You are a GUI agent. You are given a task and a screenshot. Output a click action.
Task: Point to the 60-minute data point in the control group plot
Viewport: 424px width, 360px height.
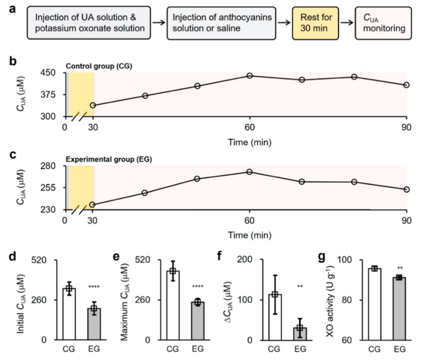tap(250, 76)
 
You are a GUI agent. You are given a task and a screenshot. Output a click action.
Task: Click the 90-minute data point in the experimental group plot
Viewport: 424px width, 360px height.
tap(407, 189)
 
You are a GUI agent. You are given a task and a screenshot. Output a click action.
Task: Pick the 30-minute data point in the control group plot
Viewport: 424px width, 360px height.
tap(93, 105)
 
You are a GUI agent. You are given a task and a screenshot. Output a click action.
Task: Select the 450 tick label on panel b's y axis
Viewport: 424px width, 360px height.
tap(53, 73)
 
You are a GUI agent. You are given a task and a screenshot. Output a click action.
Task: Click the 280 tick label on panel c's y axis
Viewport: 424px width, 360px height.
tap(53, 166)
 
